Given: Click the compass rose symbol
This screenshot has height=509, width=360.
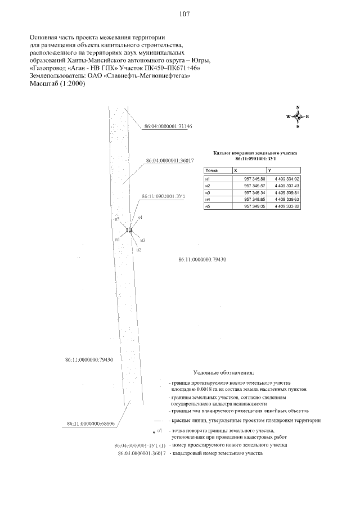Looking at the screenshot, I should pyautogui.click(x=298, y=116).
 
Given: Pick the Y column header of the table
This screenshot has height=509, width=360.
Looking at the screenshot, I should pyautogui.click(x=270, y=170).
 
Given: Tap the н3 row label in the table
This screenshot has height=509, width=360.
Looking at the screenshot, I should pyautogui.click(x=208, y=192).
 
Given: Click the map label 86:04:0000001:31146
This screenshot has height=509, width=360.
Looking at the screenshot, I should pyautogui.click(x=168, y=127).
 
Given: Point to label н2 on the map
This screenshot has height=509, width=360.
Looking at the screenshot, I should pyautogui.click(x=138, y=249).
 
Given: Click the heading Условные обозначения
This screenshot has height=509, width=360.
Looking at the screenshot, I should pyautogui.click(x=224, y=372).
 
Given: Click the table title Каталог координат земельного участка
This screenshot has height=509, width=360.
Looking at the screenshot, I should pyautogui.click(x=254, y=152).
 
